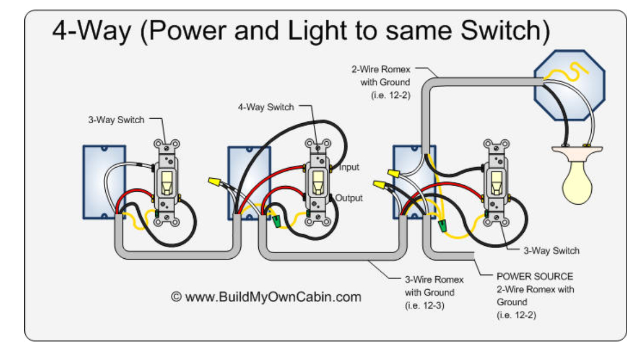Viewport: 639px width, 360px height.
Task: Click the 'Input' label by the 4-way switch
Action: coord(348,167)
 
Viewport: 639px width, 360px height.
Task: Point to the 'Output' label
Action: coord(349,198)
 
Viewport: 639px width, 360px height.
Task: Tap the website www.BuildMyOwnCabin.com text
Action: coord(266,296)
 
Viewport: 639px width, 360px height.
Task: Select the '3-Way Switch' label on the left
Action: coord(116,119)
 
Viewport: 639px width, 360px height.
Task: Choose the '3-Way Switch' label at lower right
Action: coord(551,251)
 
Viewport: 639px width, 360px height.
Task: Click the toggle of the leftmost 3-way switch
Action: coord(166,182)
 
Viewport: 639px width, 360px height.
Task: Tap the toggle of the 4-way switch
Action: coord(318,181)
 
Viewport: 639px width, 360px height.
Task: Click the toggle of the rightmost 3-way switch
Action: coord(496,181)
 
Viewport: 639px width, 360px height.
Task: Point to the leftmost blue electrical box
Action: coord(103,182)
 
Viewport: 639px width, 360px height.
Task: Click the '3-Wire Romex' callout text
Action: coord(434,280)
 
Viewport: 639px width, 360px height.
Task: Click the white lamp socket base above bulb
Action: coord(577,151)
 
